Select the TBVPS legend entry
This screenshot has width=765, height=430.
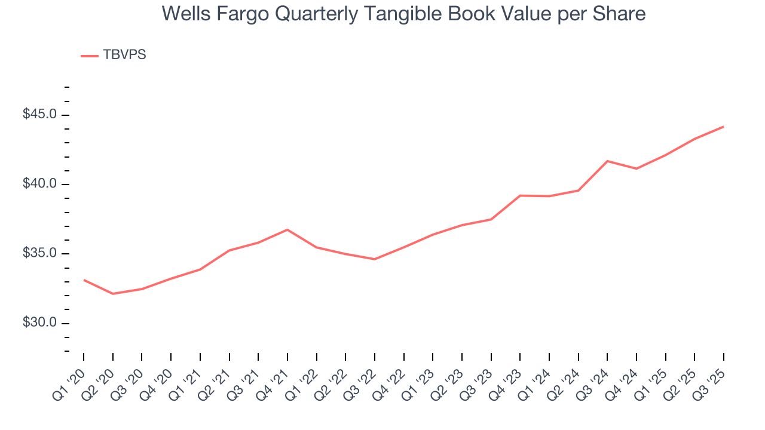coord(114,55)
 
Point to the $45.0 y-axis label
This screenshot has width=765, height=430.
coord(40,114)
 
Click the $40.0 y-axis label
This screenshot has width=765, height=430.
coord(40,184)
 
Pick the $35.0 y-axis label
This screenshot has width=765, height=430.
coord(40,253)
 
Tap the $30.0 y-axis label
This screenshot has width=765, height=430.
coord(40,322)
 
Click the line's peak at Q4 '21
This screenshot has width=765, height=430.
coord(287,229)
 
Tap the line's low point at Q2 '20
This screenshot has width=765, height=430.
coord(113,294)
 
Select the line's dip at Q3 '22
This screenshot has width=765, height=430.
coord(375,259)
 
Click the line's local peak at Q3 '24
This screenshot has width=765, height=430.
coord(607,161)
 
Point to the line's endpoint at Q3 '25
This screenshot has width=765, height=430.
coord(723,127)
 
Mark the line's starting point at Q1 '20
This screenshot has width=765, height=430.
coord(84,279)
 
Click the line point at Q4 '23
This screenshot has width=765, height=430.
coord(520,195)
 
